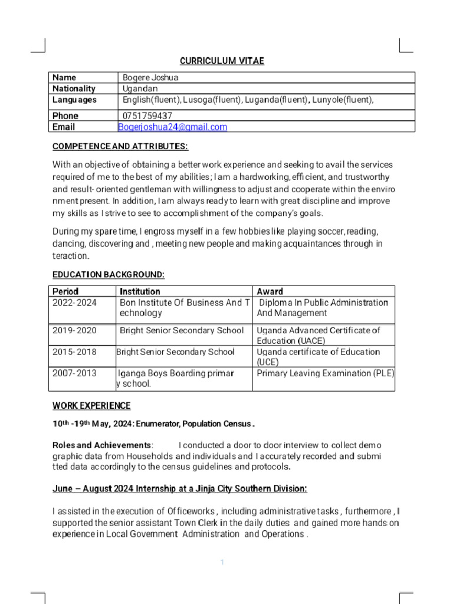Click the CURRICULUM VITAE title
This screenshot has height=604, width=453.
(x=222, y=61)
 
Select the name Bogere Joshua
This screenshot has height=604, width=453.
(x=150, y=78)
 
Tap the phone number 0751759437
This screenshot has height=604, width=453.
(x=147, y=116)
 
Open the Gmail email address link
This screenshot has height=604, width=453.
(x=172, y=127)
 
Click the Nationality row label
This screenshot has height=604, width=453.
(x=74, y=89)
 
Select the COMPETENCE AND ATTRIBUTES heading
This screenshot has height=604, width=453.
(x=120, y=146)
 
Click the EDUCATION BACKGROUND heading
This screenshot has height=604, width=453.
(x=109, y=275)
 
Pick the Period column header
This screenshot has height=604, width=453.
(x=65, y=291)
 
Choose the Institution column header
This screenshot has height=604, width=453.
(x=140, y=291)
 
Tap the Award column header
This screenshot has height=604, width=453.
(x=270, y=291)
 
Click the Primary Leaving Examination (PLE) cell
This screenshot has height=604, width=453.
(x=325, y=373)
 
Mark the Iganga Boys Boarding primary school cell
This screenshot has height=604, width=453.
(x=176, y=379)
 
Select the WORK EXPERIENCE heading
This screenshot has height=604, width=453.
(x=91, y=406)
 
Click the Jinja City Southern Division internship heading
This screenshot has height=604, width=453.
(x=180, y=489)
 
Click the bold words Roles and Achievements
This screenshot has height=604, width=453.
(x=102, y=445)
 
